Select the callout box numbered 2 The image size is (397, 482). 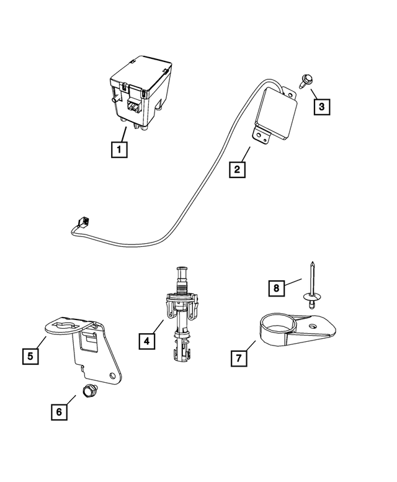click(x=236, y=169)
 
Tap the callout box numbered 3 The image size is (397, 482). click(x=321, y=107)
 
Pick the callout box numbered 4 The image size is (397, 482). click(x=146, y=341)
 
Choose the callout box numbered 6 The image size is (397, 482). click(x=59, y=411)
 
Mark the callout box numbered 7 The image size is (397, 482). click(x=238, y=358)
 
